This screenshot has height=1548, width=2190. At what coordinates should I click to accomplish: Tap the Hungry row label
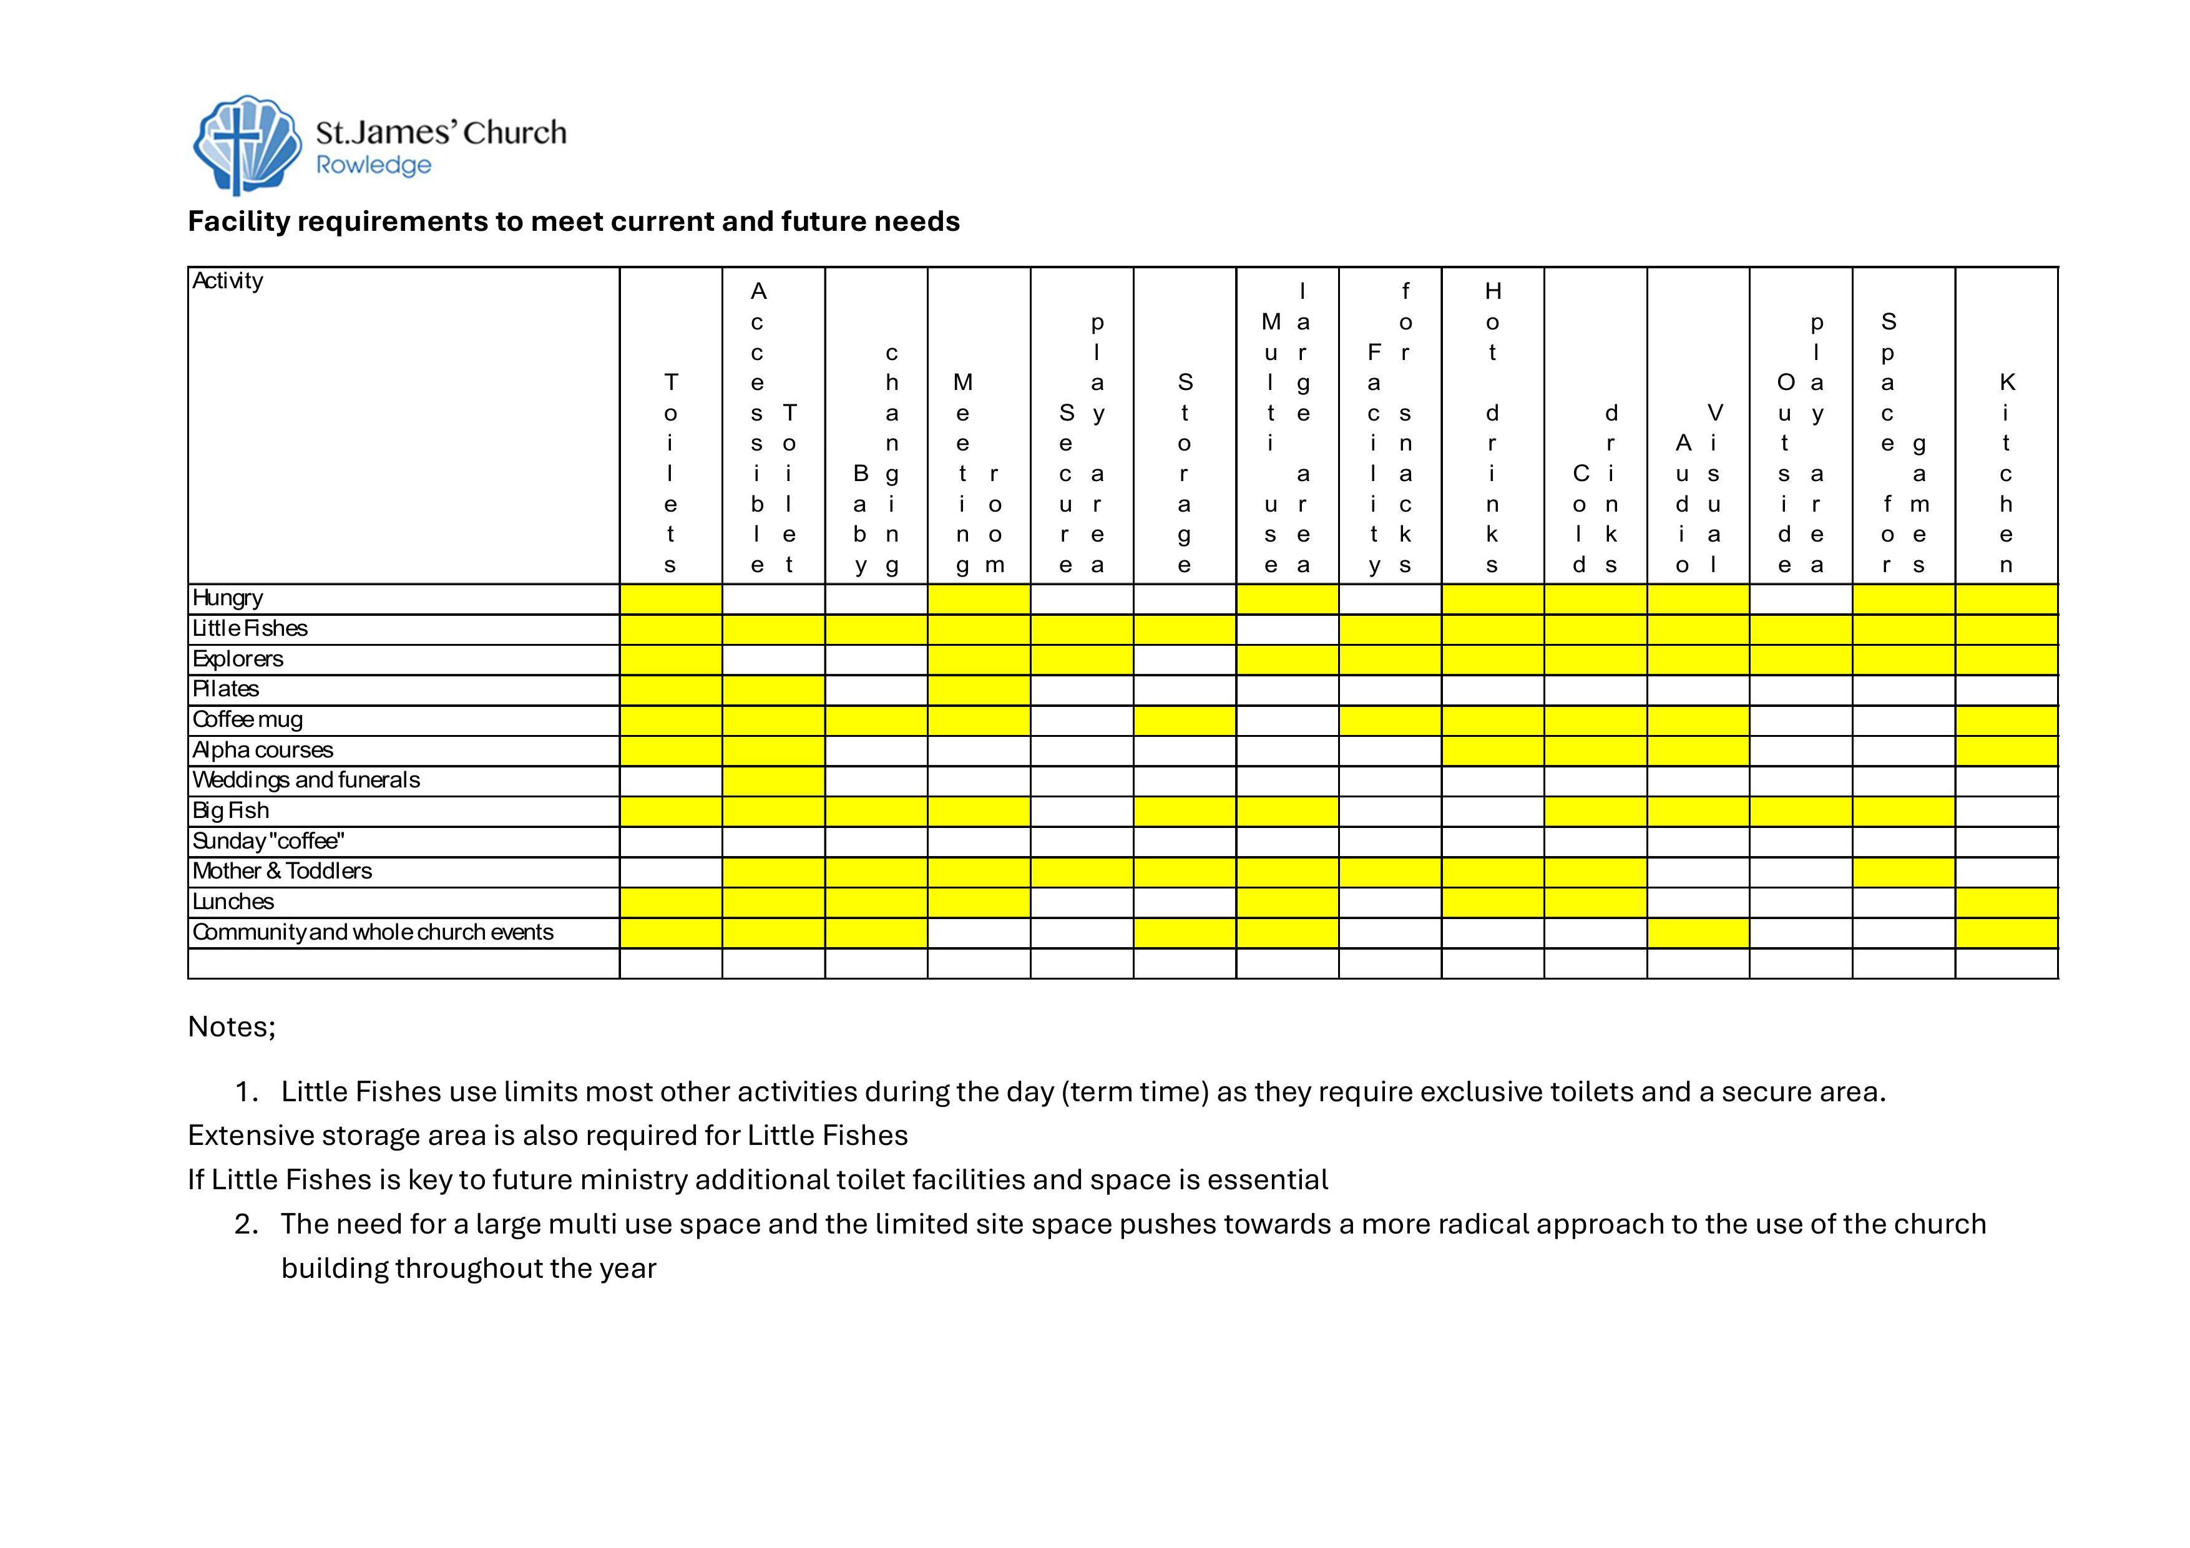[x=228, y=598]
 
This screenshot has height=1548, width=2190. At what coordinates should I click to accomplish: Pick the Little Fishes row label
[x=250, y=628]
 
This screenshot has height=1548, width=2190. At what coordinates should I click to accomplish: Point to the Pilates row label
[x=226, y=689]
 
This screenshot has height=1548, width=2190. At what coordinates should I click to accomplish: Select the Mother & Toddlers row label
[x=282, y=872]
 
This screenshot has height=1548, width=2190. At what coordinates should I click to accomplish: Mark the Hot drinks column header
[x=1493, y=427]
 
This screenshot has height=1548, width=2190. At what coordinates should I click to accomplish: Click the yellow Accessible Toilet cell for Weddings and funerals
[x=773, y=781]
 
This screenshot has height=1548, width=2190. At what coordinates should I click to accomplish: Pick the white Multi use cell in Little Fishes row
[x=1287, y=630]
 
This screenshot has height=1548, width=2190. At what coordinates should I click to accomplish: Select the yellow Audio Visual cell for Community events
[x=1698, y=933]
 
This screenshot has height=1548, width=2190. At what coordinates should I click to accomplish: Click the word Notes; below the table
[x=232, y=1026]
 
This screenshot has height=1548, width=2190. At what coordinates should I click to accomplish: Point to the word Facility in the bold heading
[x=238, y=221]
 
